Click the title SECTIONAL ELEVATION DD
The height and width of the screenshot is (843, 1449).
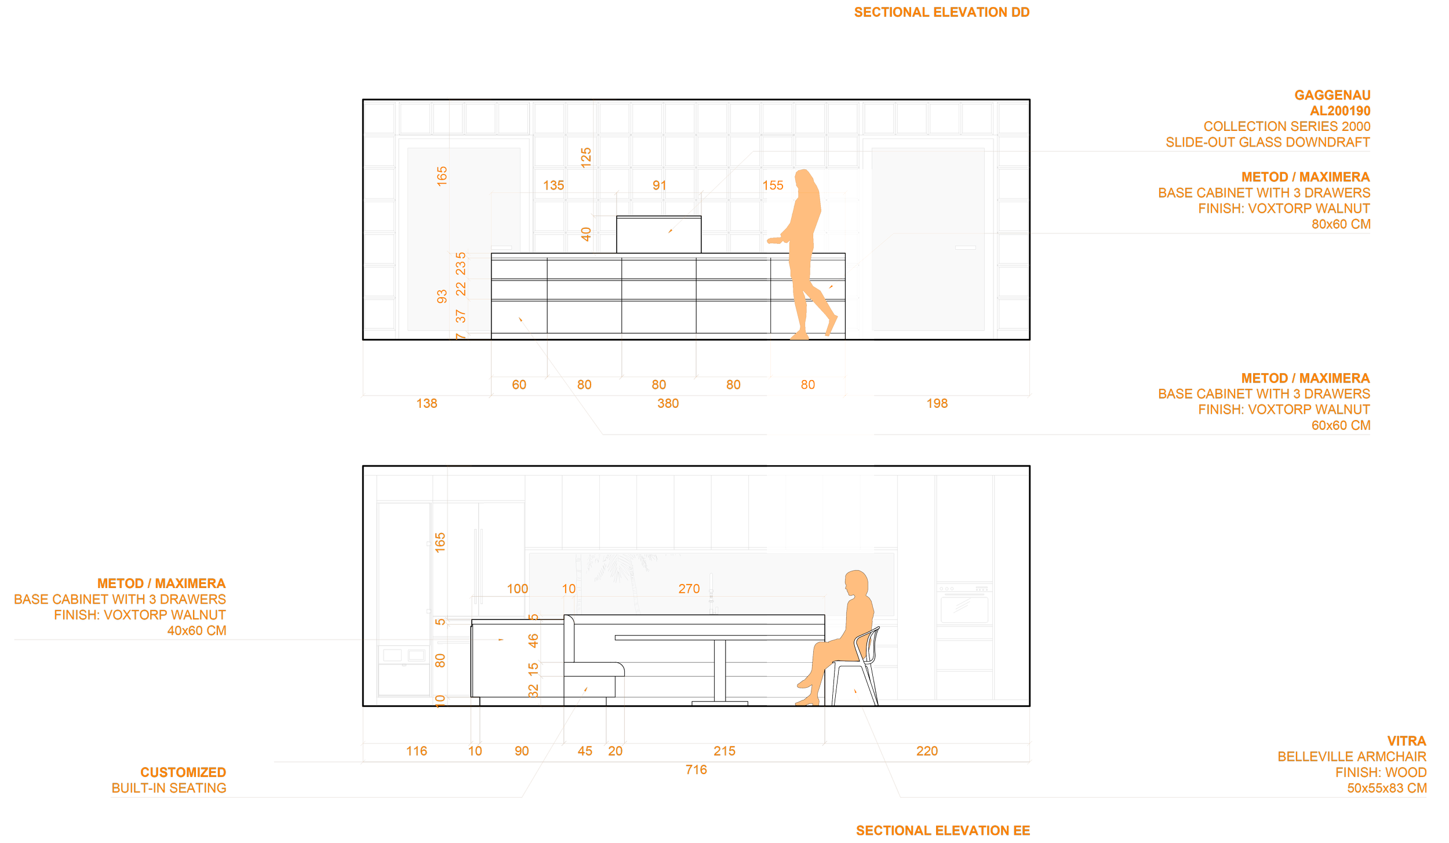[941, 12]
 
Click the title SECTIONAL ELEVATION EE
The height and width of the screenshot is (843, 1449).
[942, 831]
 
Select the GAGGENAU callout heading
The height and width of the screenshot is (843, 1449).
[1332, 95]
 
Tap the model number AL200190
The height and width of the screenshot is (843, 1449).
[1339, 111]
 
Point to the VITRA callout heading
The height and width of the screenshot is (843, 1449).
[1407, 741]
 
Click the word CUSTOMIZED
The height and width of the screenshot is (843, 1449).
[183, 772]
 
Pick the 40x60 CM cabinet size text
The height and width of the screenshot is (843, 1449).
[196, 630]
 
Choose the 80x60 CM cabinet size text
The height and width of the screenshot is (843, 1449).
[1341, 224]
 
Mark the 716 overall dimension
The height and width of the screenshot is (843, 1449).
[696, 769]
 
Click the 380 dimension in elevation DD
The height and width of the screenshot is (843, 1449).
[668, 403]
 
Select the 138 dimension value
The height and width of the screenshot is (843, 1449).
[427, 403]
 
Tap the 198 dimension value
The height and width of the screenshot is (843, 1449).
[937, 403]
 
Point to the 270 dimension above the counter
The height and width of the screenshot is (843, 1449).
[689, 589]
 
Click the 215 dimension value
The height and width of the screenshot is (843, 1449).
[724, 751]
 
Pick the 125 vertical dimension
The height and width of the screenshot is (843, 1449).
[586, 157]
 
